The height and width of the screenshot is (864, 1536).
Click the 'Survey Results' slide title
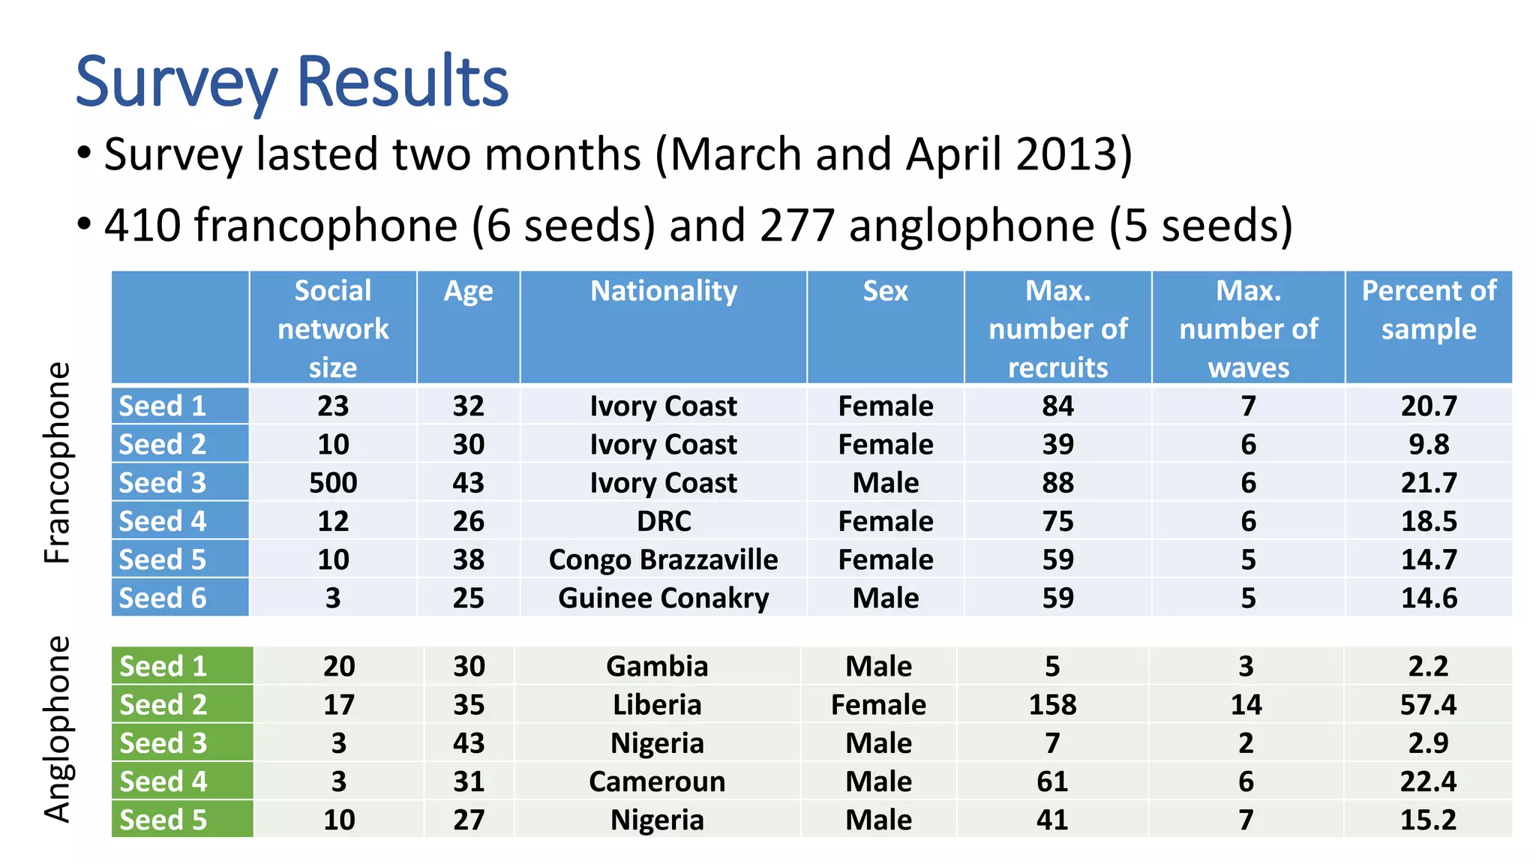292,82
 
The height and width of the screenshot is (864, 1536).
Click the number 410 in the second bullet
142,225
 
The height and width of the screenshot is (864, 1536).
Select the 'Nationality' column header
664,291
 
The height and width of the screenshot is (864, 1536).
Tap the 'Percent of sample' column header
1429,310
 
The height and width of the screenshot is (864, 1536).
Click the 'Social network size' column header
333,328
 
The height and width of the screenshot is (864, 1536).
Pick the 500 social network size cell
333,483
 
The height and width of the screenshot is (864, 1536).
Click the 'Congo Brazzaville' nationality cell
664,559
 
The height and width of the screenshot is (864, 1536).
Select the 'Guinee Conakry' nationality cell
664,598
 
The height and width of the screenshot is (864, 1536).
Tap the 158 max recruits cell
1052,705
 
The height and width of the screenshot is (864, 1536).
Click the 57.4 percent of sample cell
1428,705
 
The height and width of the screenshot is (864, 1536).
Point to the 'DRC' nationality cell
664,521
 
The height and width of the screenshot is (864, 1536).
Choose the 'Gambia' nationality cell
657,666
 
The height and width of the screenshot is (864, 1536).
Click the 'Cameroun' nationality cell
657,781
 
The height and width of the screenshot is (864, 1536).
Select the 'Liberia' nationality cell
657,705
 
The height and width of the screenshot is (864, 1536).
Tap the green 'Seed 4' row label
163,781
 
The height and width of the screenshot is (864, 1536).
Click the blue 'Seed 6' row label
163,598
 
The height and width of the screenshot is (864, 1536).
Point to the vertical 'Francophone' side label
57,463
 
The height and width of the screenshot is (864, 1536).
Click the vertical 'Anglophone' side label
57,729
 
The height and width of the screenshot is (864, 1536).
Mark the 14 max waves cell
1246,705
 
